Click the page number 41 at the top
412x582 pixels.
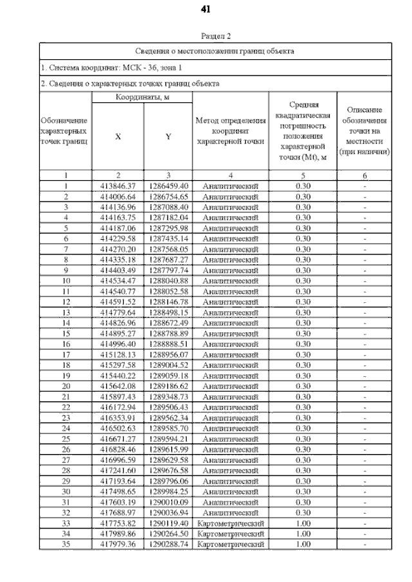(206, 10)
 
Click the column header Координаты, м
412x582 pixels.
(142, 97)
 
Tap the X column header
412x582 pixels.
(118, 136)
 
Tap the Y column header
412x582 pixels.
(168, 136)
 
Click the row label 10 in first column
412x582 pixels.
(66, 280)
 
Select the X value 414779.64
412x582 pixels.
(118, 312)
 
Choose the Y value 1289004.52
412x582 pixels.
(168, 365)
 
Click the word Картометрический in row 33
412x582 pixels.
(230, 523)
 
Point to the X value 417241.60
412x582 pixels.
(118, 470)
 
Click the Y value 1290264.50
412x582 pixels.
(168, 534)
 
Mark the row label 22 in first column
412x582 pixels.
(66, 407)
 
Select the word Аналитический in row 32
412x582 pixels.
(230, 513)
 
